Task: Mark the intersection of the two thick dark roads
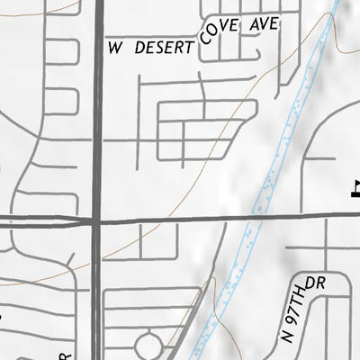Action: (97, 220)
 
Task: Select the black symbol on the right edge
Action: (355, 189)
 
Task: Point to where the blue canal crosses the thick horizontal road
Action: (249, 217)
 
